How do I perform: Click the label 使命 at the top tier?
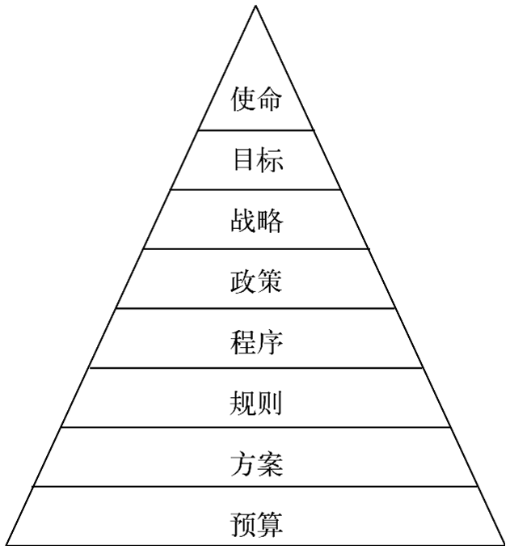[x=256, y=99]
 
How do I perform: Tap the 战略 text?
[x=257, y=220]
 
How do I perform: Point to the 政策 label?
[x=256, y=281]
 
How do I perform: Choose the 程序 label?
[x=256, y=342]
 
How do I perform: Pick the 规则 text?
[x=256, y=402]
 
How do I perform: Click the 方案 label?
[x=256, y=464]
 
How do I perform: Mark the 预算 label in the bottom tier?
[x=256, y=524]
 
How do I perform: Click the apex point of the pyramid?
[x=255, y=6]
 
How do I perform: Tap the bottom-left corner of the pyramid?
[x=6, y=544]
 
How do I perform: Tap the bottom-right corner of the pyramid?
[x=504, y=544]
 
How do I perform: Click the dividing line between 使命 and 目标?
[x=255, y=129]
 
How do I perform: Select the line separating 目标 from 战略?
[x=255, y=189]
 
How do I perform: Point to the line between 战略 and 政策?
[x=255, y=248]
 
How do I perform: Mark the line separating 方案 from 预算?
[x=255, y=486]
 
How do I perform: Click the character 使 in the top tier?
[x=243, y=99]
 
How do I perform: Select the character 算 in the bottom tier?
[x=270, y=524]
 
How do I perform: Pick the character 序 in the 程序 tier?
[x=270, y=342]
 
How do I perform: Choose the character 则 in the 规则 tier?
[x=270, y=402]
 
